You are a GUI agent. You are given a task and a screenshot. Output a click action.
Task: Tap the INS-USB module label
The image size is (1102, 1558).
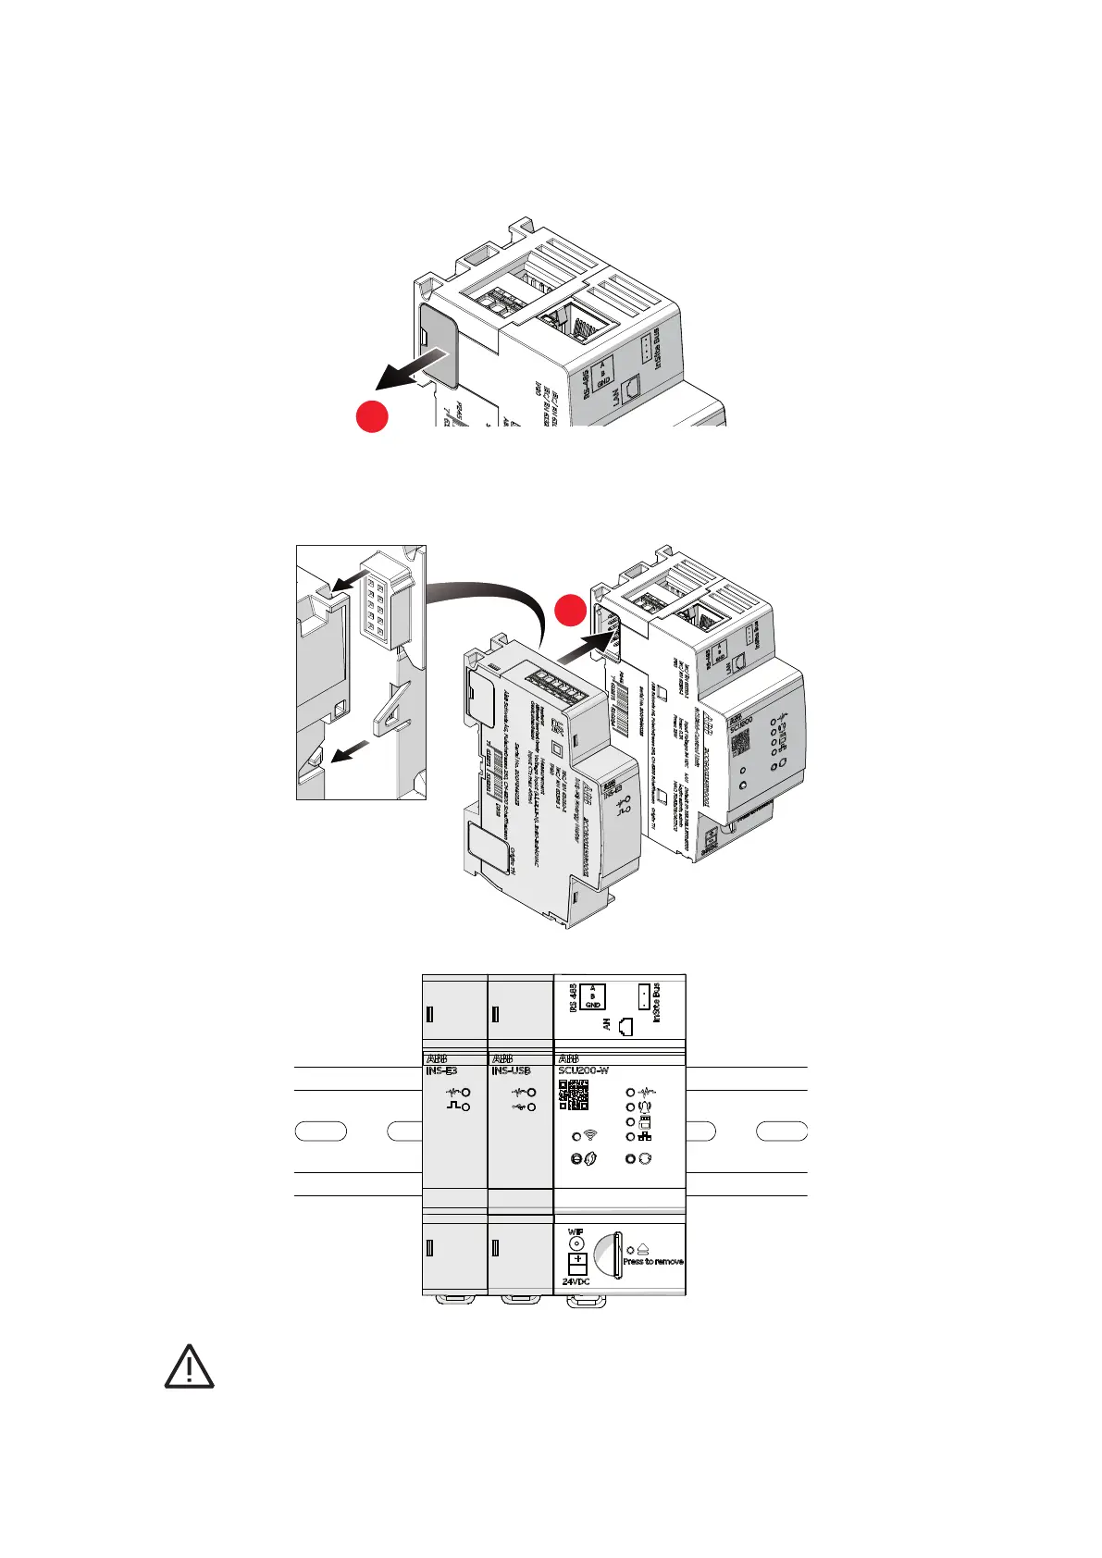click(x=511, y=1071)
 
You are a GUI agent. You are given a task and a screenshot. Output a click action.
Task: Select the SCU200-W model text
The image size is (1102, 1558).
click(x=583, y=1071)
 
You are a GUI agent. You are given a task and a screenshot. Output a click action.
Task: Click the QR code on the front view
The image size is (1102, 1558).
click(x=574, y=1094)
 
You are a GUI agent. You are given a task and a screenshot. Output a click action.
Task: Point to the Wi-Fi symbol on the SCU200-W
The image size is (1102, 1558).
click(x=590, y=1135)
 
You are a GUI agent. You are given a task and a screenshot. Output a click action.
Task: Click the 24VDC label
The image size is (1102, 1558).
click(x=576, y=1282)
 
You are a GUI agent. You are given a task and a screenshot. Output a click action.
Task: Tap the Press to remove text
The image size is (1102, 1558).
click(x=653, y=1262)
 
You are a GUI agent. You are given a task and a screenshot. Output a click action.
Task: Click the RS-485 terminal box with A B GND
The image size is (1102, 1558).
click(x=592, y=995)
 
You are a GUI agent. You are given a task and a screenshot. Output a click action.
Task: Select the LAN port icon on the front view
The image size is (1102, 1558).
click(x=627, y=1025)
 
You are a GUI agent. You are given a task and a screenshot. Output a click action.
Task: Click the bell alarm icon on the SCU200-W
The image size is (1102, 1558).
click(x=645, y=1107)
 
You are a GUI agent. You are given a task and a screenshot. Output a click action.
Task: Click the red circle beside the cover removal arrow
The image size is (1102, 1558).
click(x=372, y=417)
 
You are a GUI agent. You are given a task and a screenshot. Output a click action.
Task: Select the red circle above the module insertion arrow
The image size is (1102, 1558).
click(x=571, y=611)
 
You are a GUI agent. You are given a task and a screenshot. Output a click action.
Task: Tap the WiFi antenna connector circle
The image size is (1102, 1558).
click(x=576, y=1244)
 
